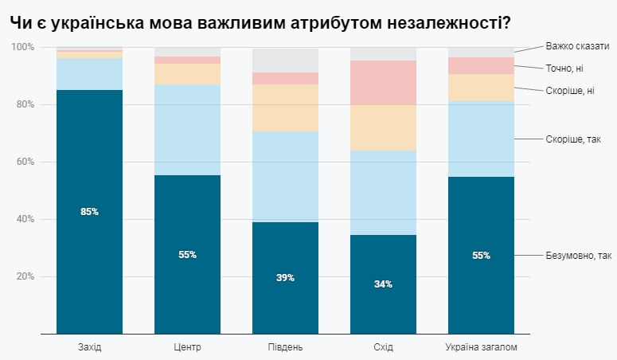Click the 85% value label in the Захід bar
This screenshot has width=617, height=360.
[89, 212]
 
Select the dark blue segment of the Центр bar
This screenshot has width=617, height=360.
[187, 287]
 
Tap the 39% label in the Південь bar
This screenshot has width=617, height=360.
[285, 278]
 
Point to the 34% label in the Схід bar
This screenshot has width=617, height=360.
[383, 284]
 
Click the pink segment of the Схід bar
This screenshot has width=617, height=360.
[383, 83]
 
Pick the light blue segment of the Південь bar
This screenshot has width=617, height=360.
[285, 177]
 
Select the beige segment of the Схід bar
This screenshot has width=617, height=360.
[383, 127]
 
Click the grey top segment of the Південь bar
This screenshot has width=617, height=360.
[285, 61]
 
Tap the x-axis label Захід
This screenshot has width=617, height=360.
[89, 347]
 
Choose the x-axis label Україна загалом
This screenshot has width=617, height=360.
[481, 347]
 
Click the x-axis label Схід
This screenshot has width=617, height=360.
[383, 347]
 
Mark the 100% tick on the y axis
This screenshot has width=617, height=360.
[21, 47]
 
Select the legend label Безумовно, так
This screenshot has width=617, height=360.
[578, 256]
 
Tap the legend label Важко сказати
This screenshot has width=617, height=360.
[577, 46]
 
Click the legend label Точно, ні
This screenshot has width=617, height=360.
[565, 68]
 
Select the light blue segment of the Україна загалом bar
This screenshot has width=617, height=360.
[481, 139]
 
